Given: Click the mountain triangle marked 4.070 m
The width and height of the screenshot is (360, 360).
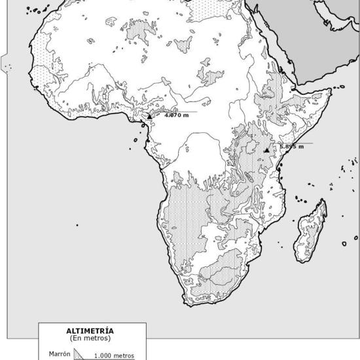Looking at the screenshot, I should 149,116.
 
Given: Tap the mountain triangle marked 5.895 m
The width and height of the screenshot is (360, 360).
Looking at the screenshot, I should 266,151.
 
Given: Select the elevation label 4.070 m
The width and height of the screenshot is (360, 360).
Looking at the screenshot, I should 176,116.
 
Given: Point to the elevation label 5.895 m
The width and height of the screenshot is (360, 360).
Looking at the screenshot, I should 291,147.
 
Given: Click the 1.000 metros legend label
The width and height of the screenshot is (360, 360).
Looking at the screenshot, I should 114,356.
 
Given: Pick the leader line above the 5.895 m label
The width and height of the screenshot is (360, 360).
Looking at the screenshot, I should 295,142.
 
